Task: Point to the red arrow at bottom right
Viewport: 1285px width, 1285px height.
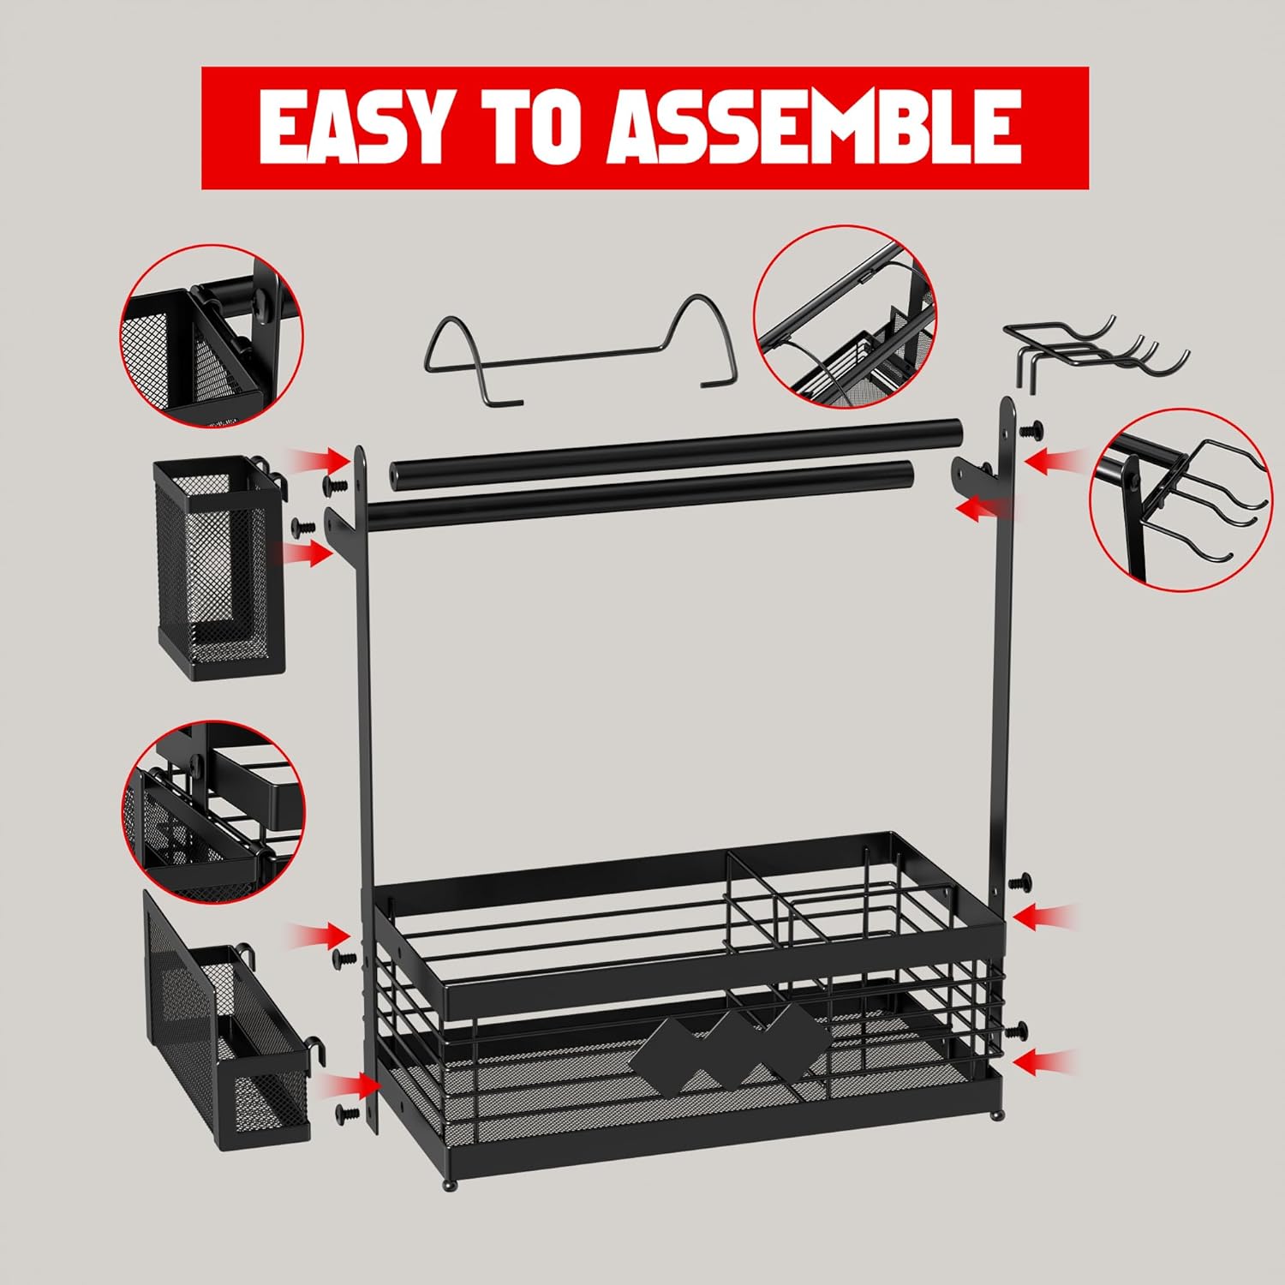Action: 1049,1062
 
